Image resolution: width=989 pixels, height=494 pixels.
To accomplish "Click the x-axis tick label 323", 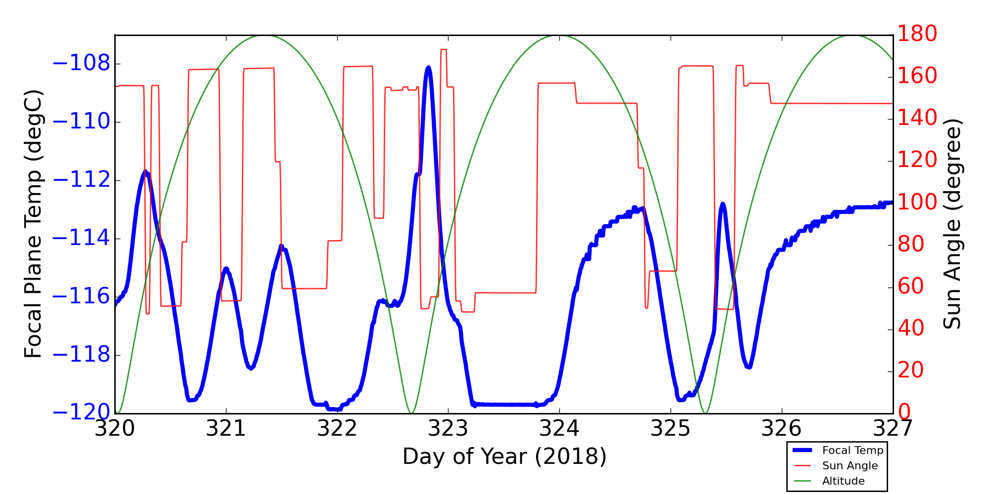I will (x=448, y=429).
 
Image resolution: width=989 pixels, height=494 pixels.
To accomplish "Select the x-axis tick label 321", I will (x=226, y=429).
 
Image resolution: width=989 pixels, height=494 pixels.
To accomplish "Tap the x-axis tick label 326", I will (x=782, y=429).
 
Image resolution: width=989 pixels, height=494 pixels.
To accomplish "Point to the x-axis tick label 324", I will (x=559, y=429).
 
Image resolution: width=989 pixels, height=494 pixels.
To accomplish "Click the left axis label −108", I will (x=81, y=64).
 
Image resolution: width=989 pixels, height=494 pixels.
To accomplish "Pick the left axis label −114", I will (x=81, y=239).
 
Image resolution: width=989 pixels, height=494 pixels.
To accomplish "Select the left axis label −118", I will (x=81, y=355).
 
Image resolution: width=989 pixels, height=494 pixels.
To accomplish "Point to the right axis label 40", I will (x=911, y=329).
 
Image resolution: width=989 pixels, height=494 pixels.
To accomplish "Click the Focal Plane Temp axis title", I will (x=33, y=224).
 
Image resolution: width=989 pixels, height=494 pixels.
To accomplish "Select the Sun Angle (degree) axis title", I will (x=952, y=224).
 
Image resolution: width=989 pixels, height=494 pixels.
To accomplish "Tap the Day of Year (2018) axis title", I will (x=504, y=456).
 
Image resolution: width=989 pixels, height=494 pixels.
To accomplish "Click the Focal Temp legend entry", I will (x=853, y=451).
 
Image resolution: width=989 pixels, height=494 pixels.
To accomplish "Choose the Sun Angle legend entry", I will (x=850, y=466).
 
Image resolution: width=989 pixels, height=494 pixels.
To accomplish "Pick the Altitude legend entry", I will (x=843, y=481).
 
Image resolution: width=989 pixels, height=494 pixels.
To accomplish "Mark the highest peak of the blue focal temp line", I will (x=428, y=68).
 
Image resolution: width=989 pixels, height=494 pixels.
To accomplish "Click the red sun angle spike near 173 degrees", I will (x=444, y=49).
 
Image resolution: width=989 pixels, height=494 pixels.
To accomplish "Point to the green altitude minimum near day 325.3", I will (x=706, y=412).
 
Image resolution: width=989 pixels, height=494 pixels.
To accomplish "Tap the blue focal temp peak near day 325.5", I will (x=723, y=204).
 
